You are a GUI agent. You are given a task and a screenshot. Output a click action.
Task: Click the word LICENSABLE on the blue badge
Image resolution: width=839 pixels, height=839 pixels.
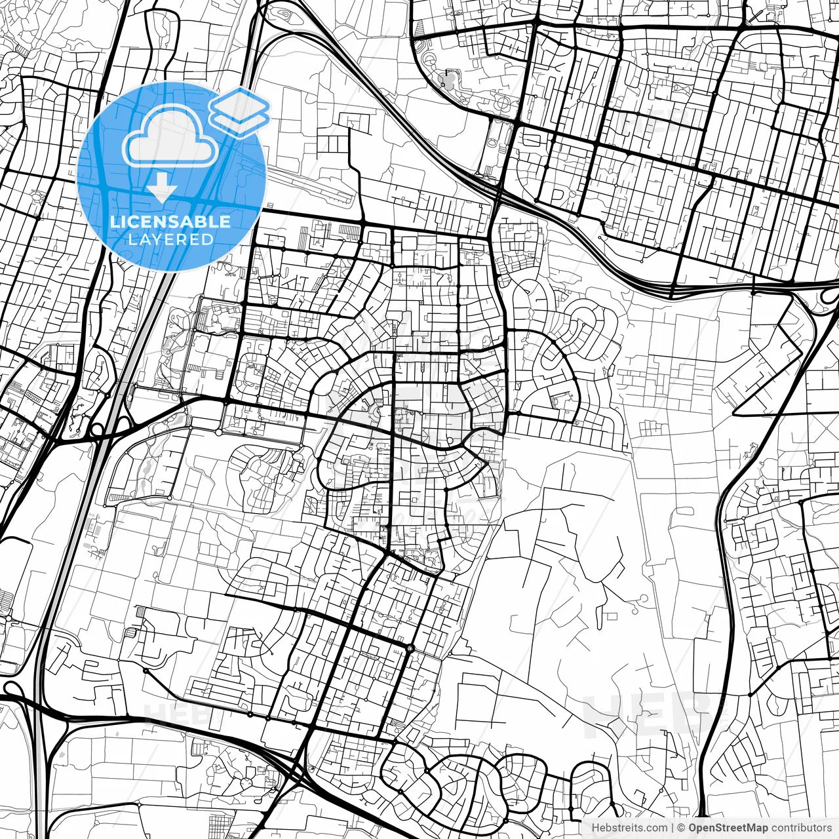click(170, 222)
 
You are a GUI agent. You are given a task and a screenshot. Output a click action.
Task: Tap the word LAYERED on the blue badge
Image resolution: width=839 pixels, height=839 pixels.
click(170, 240)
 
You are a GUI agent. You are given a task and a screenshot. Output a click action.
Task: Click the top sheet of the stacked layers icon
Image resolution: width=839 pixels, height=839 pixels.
click(240, 104)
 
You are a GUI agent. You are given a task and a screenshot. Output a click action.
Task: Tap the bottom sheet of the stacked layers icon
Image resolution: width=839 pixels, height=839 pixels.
click(240, 121)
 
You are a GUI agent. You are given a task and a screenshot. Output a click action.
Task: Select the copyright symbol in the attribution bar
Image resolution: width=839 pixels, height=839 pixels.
click(682, 828)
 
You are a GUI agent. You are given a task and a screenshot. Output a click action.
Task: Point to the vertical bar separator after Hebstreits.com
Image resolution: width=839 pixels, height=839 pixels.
click(673, 828)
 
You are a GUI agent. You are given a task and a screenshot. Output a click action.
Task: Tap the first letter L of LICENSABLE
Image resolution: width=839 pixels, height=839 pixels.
click(115, 222)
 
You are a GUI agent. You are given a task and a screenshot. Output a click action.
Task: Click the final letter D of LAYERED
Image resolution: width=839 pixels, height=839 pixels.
click(208, 240)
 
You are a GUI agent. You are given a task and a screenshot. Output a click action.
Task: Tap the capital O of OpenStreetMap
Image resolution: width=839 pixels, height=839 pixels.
click(693, 828)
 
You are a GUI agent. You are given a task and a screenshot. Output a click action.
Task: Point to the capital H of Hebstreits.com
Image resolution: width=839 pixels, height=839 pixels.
click(595, 828)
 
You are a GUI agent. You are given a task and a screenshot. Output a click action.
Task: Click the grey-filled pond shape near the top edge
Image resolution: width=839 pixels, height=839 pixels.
click(450, 82)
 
